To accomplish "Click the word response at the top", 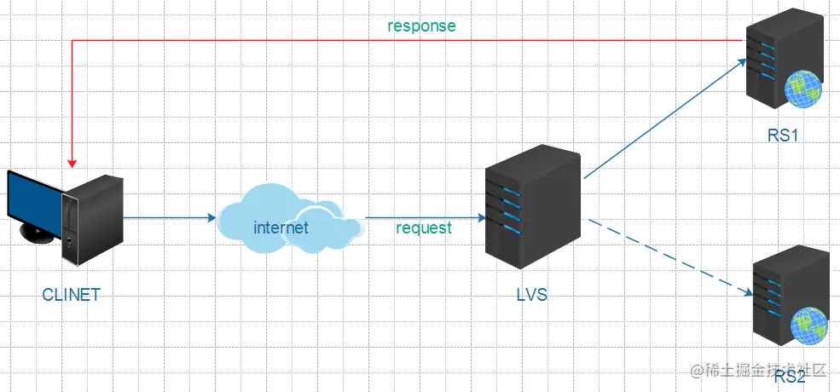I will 421,26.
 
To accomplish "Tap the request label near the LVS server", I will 424,228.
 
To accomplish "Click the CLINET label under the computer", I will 72,296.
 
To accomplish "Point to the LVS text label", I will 531,296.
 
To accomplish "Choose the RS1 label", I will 782,135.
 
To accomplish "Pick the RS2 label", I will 790,377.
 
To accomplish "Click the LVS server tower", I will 532,207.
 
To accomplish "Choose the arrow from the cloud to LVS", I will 426,217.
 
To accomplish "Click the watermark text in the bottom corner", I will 759,370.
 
